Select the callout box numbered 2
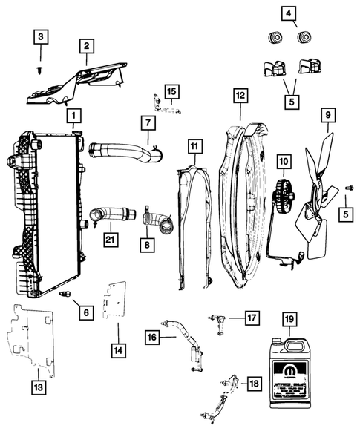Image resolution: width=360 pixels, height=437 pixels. pos(88,47)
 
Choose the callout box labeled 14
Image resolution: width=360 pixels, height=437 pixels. pos(194,147)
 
